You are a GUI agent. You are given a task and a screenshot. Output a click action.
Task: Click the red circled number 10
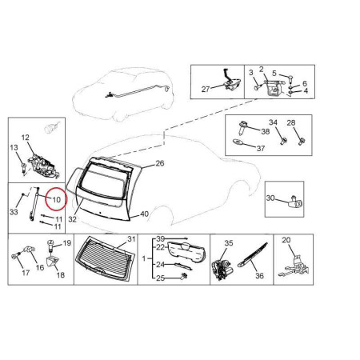[57, 199]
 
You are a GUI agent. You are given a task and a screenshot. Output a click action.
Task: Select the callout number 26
[160, 163]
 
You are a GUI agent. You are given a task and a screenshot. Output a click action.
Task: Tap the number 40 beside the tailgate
[144, 214]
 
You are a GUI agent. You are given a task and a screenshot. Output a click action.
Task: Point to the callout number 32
[72, 219]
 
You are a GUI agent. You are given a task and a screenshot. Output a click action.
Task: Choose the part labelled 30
[296, 202]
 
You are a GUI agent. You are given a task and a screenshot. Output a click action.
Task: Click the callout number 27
[206, 89]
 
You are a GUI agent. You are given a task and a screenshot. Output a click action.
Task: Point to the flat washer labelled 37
[238, 142]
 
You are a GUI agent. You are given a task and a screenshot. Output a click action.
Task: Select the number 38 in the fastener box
[266, 131]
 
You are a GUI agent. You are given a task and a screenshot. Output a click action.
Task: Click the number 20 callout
[286, 240]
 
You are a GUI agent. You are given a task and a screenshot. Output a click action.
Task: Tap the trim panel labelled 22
[186, 251]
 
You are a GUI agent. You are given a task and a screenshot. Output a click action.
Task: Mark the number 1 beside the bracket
[144, 258]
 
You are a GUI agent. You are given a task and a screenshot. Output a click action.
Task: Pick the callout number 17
[26, 273]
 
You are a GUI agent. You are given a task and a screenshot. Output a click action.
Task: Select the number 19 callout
[67, 242]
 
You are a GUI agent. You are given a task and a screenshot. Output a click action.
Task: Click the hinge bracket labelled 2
[274, 88]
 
